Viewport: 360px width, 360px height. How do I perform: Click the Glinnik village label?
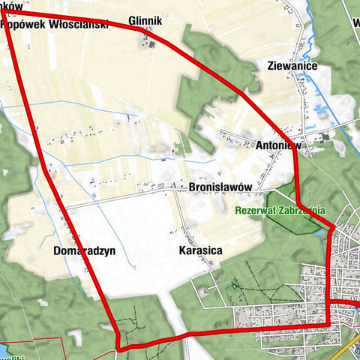point(145,21)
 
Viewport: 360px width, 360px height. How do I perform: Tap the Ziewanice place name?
point(292,66)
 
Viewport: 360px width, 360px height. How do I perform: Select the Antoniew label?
point(278,145)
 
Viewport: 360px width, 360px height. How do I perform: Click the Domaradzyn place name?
point(85,251)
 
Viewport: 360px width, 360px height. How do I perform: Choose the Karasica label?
point(202,251)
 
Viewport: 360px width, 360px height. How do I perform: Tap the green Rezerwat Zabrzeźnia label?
point(280,211)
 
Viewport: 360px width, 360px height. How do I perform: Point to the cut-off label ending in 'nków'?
point(12,5)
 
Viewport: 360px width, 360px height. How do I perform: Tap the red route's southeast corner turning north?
point(328,324)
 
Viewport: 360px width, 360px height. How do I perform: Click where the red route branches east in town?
point(328,302)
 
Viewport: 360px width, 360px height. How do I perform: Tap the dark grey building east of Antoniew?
point(324,137)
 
